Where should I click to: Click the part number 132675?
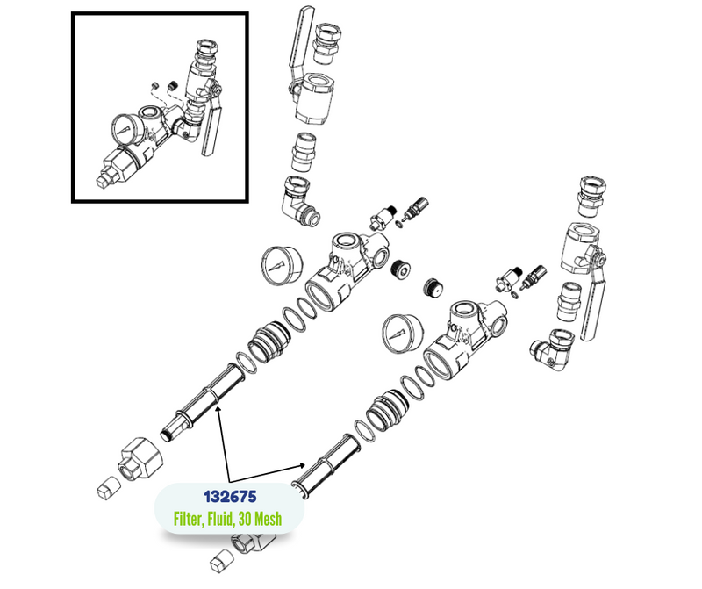pyautogui.click(x=230, y=497)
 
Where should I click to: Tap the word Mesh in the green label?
pyautogui.click(x=268, y=519)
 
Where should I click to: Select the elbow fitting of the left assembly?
pyautogui.click(x=299, y=201)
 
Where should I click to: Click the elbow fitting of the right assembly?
pyautogui.click(x=553, y=350)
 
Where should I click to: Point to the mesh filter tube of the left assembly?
pyautogui.click(x=202, y=403)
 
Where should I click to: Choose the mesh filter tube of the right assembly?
pyautogui.click(x=326, y=464)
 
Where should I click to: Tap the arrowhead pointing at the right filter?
pyautogui.click(x=302, y=465)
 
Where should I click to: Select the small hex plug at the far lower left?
pyautogui.click(x=109, y=488)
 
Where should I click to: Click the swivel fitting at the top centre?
pyautogui.click(x=327, y=43)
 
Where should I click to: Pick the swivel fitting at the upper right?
pyautogui.click(x=592, y=196)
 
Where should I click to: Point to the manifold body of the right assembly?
pyautogui.click(x=466, y=339)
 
